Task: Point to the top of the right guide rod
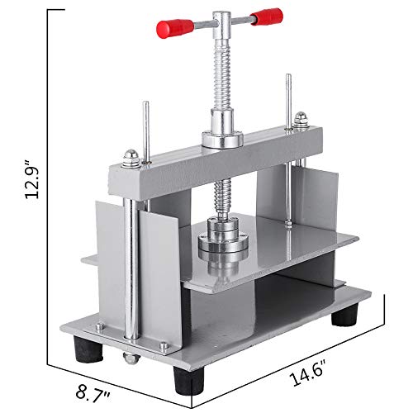pyautogui.click(x=288, y=79)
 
